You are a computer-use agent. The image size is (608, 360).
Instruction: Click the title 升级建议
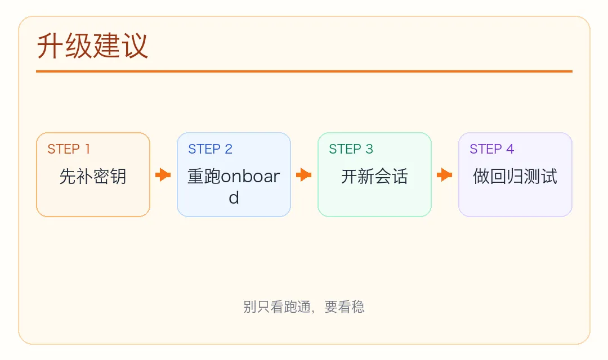[x=92, y=47]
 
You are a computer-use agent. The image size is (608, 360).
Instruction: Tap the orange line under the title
[x=304, y=71]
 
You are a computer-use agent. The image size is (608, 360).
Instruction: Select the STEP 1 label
[x=69, y=149]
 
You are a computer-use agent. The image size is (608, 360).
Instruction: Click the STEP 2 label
[x=210, y=149]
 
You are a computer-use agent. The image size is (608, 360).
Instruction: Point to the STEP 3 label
[x=351, y=149]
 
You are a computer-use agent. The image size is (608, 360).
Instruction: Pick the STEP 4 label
[x=491, y=149]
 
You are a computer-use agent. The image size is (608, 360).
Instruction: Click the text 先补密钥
[x=93, y=177]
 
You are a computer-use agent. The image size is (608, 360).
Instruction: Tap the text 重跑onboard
[x=234, y=177]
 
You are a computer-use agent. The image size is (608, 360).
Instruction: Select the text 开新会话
[x=374, y=177]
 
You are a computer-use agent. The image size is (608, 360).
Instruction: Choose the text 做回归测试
[x=515, y=177]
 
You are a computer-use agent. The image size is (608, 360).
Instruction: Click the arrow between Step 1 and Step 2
[x=163, y=175]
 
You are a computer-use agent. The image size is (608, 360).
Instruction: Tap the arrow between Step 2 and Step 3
[x=304, y=175]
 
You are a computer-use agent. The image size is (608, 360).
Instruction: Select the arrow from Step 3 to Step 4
[x=445, y=175]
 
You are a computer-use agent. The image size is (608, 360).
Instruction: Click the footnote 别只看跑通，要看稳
[x=304, y=307]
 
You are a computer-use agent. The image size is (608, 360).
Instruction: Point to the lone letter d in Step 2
[x=234, y=198]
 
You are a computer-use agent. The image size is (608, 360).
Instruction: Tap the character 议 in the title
[x=135, y=47]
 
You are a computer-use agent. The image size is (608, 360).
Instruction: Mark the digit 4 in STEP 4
[x=510, y=149]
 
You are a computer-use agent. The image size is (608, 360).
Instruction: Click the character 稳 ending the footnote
[x=358, y=307]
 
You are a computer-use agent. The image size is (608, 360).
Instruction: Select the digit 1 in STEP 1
[x=87, y=149]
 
